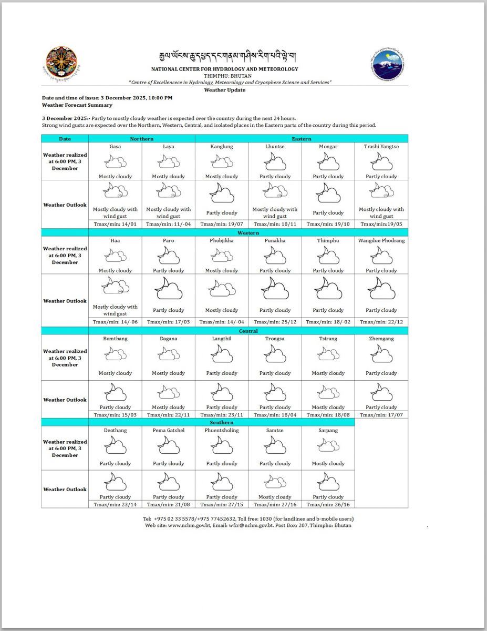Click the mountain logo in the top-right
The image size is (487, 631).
388,65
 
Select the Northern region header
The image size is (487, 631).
142,139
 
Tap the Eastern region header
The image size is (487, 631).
302,139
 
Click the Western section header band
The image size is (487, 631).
248,232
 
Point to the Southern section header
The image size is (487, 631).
222,422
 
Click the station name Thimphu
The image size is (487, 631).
328,240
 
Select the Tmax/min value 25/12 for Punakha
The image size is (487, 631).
275,322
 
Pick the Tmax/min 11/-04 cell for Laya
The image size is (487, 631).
168,224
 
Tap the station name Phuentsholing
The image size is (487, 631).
222,430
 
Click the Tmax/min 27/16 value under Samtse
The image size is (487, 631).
275,504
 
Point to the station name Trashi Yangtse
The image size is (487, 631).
381,147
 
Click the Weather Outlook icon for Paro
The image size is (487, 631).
168,289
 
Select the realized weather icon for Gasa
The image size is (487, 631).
115,160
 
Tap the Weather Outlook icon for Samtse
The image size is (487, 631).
275,482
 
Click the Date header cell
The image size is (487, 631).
65,139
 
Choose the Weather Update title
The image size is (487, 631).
225,90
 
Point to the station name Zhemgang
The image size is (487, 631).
381,339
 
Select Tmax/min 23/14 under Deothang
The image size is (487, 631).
115,504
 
